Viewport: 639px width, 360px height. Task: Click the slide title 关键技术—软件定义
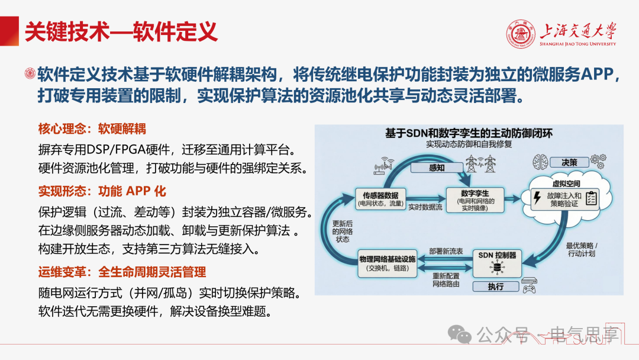pos(121,32)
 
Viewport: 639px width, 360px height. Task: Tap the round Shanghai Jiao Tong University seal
pos(521,34)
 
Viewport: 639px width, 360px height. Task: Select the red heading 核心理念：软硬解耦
pos(92,129)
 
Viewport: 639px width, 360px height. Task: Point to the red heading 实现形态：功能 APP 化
pos(102,191)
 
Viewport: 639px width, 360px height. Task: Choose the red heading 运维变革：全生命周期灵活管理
pos(122,272)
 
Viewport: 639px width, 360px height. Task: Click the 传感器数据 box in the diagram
pos(380,198)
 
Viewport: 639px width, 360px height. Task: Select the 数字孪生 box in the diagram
pos(475,200)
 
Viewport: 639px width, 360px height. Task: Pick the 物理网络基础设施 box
pos(388,263)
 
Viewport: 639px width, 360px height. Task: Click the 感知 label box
pos(437,168)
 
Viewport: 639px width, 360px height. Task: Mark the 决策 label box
pos(569,162)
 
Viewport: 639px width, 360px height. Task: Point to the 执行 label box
pos(496,287)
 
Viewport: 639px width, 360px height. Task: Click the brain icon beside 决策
pos(540,162)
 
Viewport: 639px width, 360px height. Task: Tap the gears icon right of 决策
pos(598,161)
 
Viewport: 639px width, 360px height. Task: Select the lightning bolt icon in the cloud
pos(537,198)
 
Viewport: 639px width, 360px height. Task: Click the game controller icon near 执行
pos(529,289)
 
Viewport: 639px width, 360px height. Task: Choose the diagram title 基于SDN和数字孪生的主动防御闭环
pos(469,133)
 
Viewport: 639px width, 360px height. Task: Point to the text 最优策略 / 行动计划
pos(582,249)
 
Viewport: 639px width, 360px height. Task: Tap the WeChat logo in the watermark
pos(460,335)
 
